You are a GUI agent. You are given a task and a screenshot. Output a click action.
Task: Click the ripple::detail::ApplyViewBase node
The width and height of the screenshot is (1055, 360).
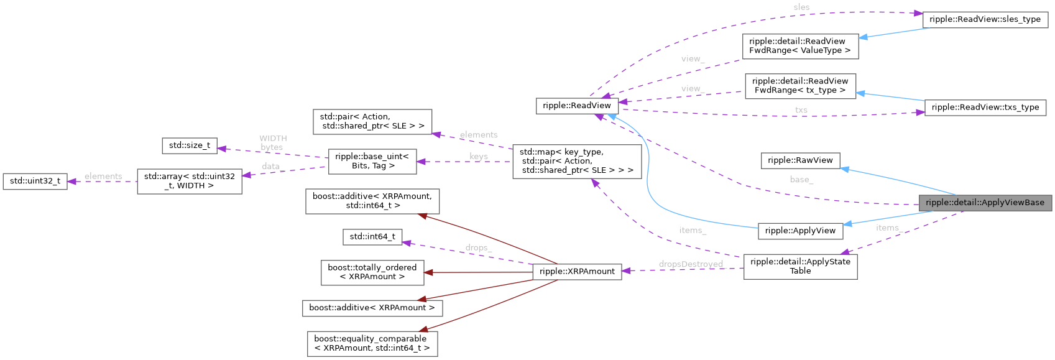985,203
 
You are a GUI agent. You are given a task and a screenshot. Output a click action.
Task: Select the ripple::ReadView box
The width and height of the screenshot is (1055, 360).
577,106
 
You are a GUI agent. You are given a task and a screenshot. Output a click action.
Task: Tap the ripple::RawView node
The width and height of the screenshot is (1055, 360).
800,160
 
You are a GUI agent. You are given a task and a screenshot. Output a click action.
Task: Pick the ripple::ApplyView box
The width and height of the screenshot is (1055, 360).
800,231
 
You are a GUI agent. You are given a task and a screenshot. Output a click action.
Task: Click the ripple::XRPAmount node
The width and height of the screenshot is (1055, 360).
577,271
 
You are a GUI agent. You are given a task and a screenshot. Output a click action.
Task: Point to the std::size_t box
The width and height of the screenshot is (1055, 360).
190,145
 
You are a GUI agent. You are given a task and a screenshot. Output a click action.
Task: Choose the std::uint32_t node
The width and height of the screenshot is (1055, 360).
35,181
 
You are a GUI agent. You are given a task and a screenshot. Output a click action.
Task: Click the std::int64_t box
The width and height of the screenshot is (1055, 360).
372,236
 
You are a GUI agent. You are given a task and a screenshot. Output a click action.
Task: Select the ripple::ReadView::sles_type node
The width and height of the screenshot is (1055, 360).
985,19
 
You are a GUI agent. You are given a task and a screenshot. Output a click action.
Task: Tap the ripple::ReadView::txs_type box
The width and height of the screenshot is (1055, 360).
985,107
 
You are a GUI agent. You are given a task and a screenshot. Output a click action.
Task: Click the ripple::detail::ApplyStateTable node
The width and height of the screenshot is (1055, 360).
800,266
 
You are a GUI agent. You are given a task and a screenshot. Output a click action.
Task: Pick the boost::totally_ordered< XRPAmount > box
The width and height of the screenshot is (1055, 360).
372,272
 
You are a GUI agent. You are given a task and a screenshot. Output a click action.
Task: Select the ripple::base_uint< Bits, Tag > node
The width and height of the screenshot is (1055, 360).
372,161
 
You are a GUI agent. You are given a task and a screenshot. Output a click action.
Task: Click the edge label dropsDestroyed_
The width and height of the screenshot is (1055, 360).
691,264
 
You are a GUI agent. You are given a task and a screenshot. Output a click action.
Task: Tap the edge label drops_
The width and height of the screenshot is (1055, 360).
478,247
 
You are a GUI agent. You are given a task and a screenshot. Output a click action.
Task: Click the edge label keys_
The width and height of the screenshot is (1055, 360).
478,157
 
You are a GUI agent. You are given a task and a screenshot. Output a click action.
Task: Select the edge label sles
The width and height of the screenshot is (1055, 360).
801,7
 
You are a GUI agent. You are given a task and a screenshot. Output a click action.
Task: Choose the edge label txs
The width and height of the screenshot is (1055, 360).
801,110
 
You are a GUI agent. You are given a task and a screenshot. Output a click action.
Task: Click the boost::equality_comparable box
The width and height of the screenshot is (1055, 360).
372,343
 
